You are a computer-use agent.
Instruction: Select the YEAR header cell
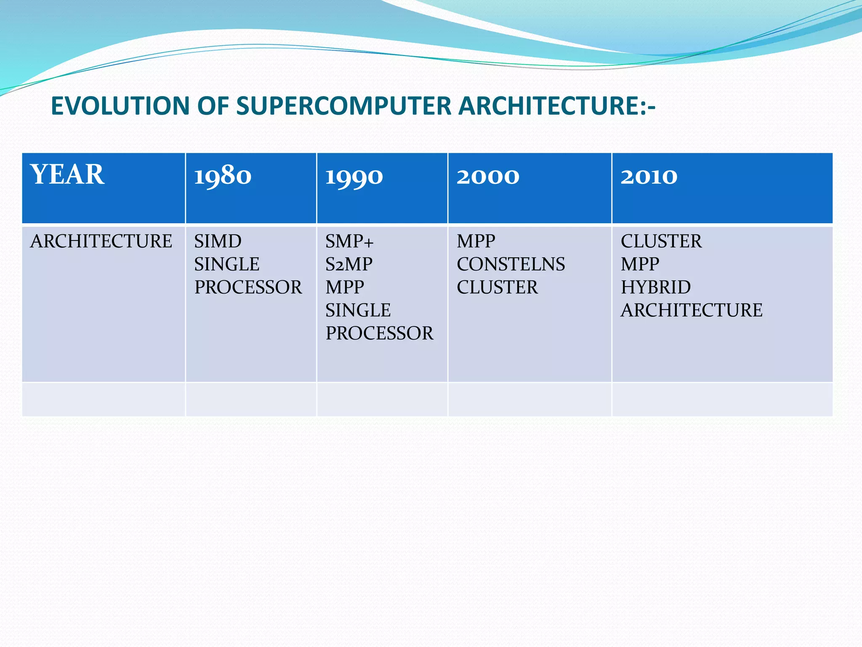[x=67, y=175]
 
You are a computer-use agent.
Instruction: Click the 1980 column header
[x=223, y=176]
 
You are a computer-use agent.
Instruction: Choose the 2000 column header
[x=488, y=176]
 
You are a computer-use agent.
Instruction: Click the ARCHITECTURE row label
[x=101, y=241]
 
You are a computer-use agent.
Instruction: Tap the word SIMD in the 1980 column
[x=218, y=241]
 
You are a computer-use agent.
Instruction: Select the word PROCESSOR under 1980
[x=248, y=287]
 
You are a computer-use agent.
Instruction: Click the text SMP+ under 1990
[x=349, y=241]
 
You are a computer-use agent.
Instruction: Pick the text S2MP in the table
[x=349, y=265]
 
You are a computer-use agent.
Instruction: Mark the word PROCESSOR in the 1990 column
[x=379, y=333]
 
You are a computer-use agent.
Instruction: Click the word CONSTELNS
[x=511, y=265]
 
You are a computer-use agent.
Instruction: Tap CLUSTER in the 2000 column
[x=497, y=287]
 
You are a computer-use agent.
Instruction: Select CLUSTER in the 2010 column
[x=661, y=241]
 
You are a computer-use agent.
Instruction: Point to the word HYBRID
[x=655, y=287]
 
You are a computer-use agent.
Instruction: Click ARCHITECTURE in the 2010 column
[x=691, y=310]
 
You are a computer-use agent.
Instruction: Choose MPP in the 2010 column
[x=640, y=265]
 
